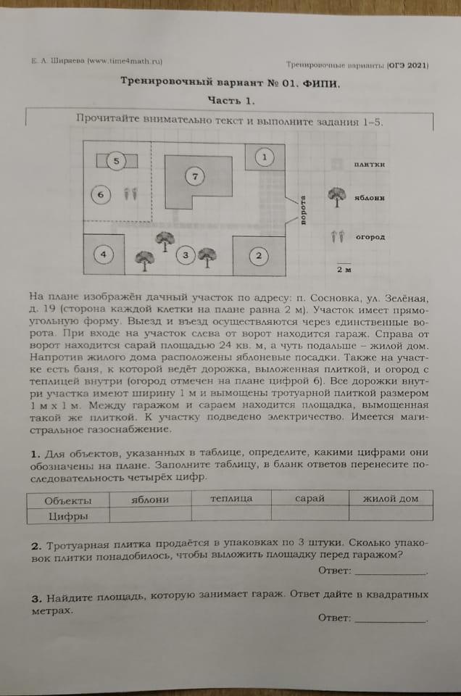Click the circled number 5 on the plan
(x=115, y=162)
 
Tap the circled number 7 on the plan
(x=194, y=175)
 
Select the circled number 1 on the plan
(x=265, y=157)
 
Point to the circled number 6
(x=101, y=194)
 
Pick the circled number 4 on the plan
(x=104, y=254)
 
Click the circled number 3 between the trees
(x=186, y=255)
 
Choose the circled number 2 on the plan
(x=258, y=255)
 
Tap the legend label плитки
(x=370, y=164)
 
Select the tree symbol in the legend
(x=336, y=196)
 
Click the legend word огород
(x=370, y=236)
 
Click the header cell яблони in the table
(x=150, y=499)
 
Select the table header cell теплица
(x=231, y=499)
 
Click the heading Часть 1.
(x=230, y=101)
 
